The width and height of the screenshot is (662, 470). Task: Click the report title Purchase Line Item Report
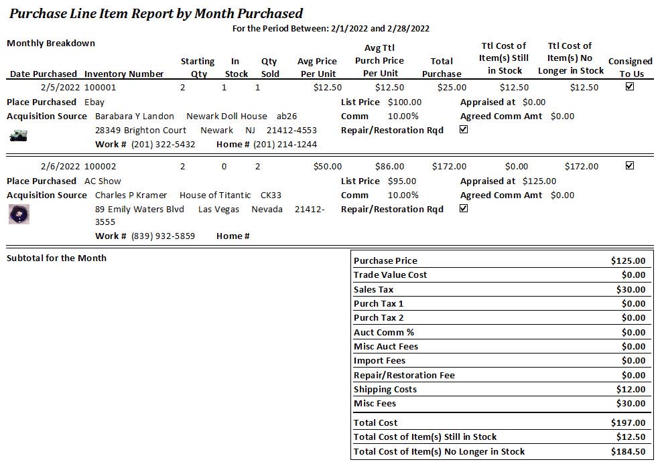point(155,13)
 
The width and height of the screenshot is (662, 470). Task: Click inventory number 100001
point(100,87)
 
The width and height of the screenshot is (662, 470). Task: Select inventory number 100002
point(100,166)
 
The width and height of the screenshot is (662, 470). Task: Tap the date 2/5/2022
point(60,87)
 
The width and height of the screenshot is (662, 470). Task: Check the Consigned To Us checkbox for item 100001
point(629,86)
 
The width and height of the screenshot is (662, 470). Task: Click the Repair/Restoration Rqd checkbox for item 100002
point(464,208)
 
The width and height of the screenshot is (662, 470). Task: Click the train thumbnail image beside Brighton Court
point(18,136)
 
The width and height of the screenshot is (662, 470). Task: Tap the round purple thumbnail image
point(19,214)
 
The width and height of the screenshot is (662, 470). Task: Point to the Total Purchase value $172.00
point(449,166)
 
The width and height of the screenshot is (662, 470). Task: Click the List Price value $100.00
point(405,102)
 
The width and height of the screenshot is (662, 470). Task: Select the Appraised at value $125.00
point(539,181)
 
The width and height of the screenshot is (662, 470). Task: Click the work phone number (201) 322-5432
point(163,144)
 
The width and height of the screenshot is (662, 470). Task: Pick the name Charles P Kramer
point(131,195)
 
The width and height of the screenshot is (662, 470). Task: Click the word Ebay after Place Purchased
point(94,102)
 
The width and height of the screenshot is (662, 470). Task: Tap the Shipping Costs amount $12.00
point(631,389)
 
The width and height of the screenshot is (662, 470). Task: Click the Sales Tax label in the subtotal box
point(373,289)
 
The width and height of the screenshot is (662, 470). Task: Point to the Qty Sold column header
point(269,67)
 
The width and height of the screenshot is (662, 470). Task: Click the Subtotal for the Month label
point(56,258)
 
